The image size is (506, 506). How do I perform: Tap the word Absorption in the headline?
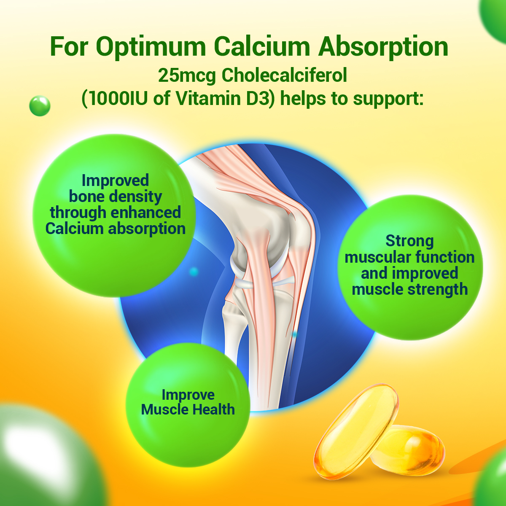[383, 47]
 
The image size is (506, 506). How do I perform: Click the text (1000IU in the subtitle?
[114, 99]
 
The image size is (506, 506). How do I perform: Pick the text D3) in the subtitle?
[261, 99]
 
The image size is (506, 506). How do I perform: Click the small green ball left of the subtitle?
[40, 106]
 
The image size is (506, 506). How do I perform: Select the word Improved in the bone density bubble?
[115, 180]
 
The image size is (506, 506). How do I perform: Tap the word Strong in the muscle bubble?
[409, 241]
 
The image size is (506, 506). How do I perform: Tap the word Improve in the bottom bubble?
[188, 395]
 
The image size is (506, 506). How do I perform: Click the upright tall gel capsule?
[356, 431]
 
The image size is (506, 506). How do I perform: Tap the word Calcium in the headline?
[262, 47]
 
